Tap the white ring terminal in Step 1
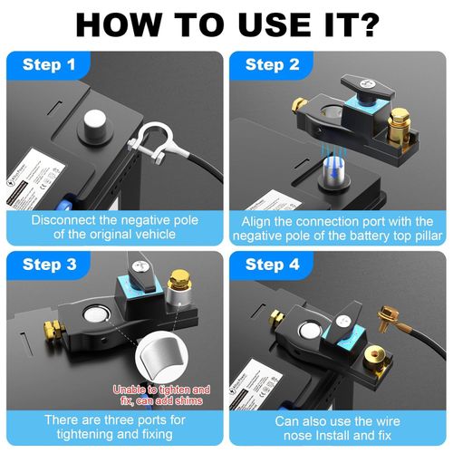(148, 141)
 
